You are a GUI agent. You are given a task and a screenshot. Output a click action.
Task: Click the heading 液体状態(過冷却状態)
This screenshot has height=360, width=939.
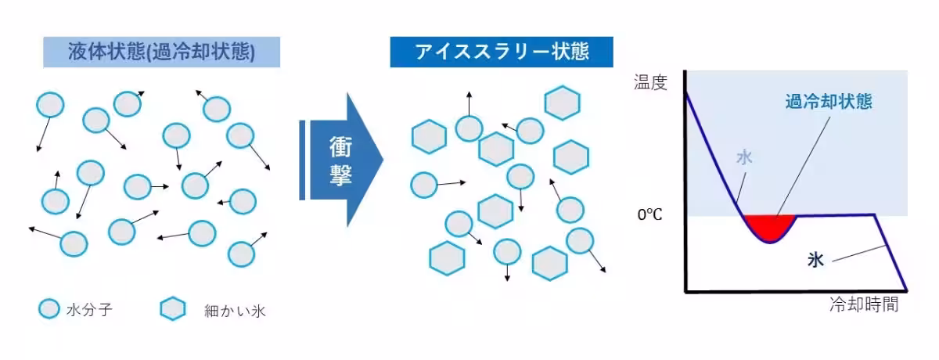161,52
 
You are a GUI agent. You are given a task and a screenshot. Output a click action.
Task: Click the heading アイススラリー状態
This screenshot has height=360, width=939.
502,52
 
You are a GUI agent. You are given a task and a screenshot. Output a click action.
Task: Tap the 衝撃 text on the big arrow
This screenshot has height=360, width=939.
340,160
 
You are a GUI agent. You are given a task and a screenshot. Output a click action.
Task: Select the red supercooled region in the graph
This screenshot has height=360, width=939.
770,226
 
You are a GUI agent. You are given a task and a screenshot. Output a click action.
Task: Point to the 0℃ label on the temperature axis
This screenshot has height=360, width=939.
649,215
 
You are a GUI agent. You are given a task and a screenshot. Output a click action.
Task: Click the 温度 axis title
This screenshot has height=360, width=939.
650,82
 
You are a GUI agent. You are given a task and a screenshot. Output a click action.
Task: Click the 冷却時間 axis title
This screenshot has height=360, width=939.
864,304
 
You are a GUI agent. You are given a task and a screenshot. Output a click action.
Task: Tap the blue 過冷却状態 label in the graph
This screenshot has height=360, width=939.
829,102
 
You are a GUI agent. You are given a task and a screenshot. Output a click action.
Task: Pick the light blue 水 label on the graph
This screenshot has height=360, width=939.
744,157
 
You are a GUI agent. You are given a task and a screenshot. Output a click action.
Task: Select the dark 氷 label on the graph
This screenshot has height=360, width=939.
815,260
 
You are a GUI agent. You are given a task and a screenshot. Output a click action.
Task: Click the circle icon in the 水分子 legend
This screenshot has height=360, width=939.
49,309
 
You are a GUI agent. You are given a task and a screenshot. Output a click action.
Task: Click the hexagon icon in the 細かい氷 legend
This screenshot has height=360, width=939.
173,309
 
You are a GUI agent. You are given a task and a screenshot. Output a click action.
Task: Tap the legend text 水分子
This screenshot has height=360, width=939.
89,310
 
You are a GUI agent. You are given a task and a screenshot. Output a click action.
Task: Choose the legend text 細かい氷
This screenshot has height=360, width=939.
235,311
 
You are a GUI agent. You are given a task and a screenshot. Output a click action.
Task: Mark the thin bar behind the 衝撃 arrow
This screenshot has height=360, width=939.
302,160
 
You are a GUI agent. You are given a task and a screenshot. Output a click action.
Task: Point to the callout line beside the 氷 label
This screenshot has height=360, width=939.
858,254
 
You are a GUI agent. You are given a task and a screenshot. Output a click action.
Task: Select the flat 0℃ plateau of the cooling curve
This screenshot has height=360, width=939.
835,215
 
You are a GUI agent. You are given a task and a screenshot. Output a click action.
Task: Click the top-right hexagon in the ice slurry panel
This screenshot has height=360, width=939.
562,103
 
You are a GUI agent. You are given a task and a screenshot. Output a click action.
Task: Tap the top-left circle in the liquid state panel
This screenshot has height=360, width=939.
50,105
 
